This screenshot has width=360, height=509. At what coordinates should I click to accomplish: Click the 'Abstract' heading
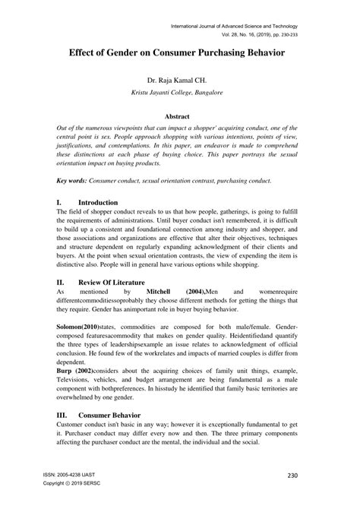[x=179, y=117]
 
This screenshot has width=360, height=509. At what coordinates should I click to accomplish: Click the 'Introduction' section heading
[x=98, y=203]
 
